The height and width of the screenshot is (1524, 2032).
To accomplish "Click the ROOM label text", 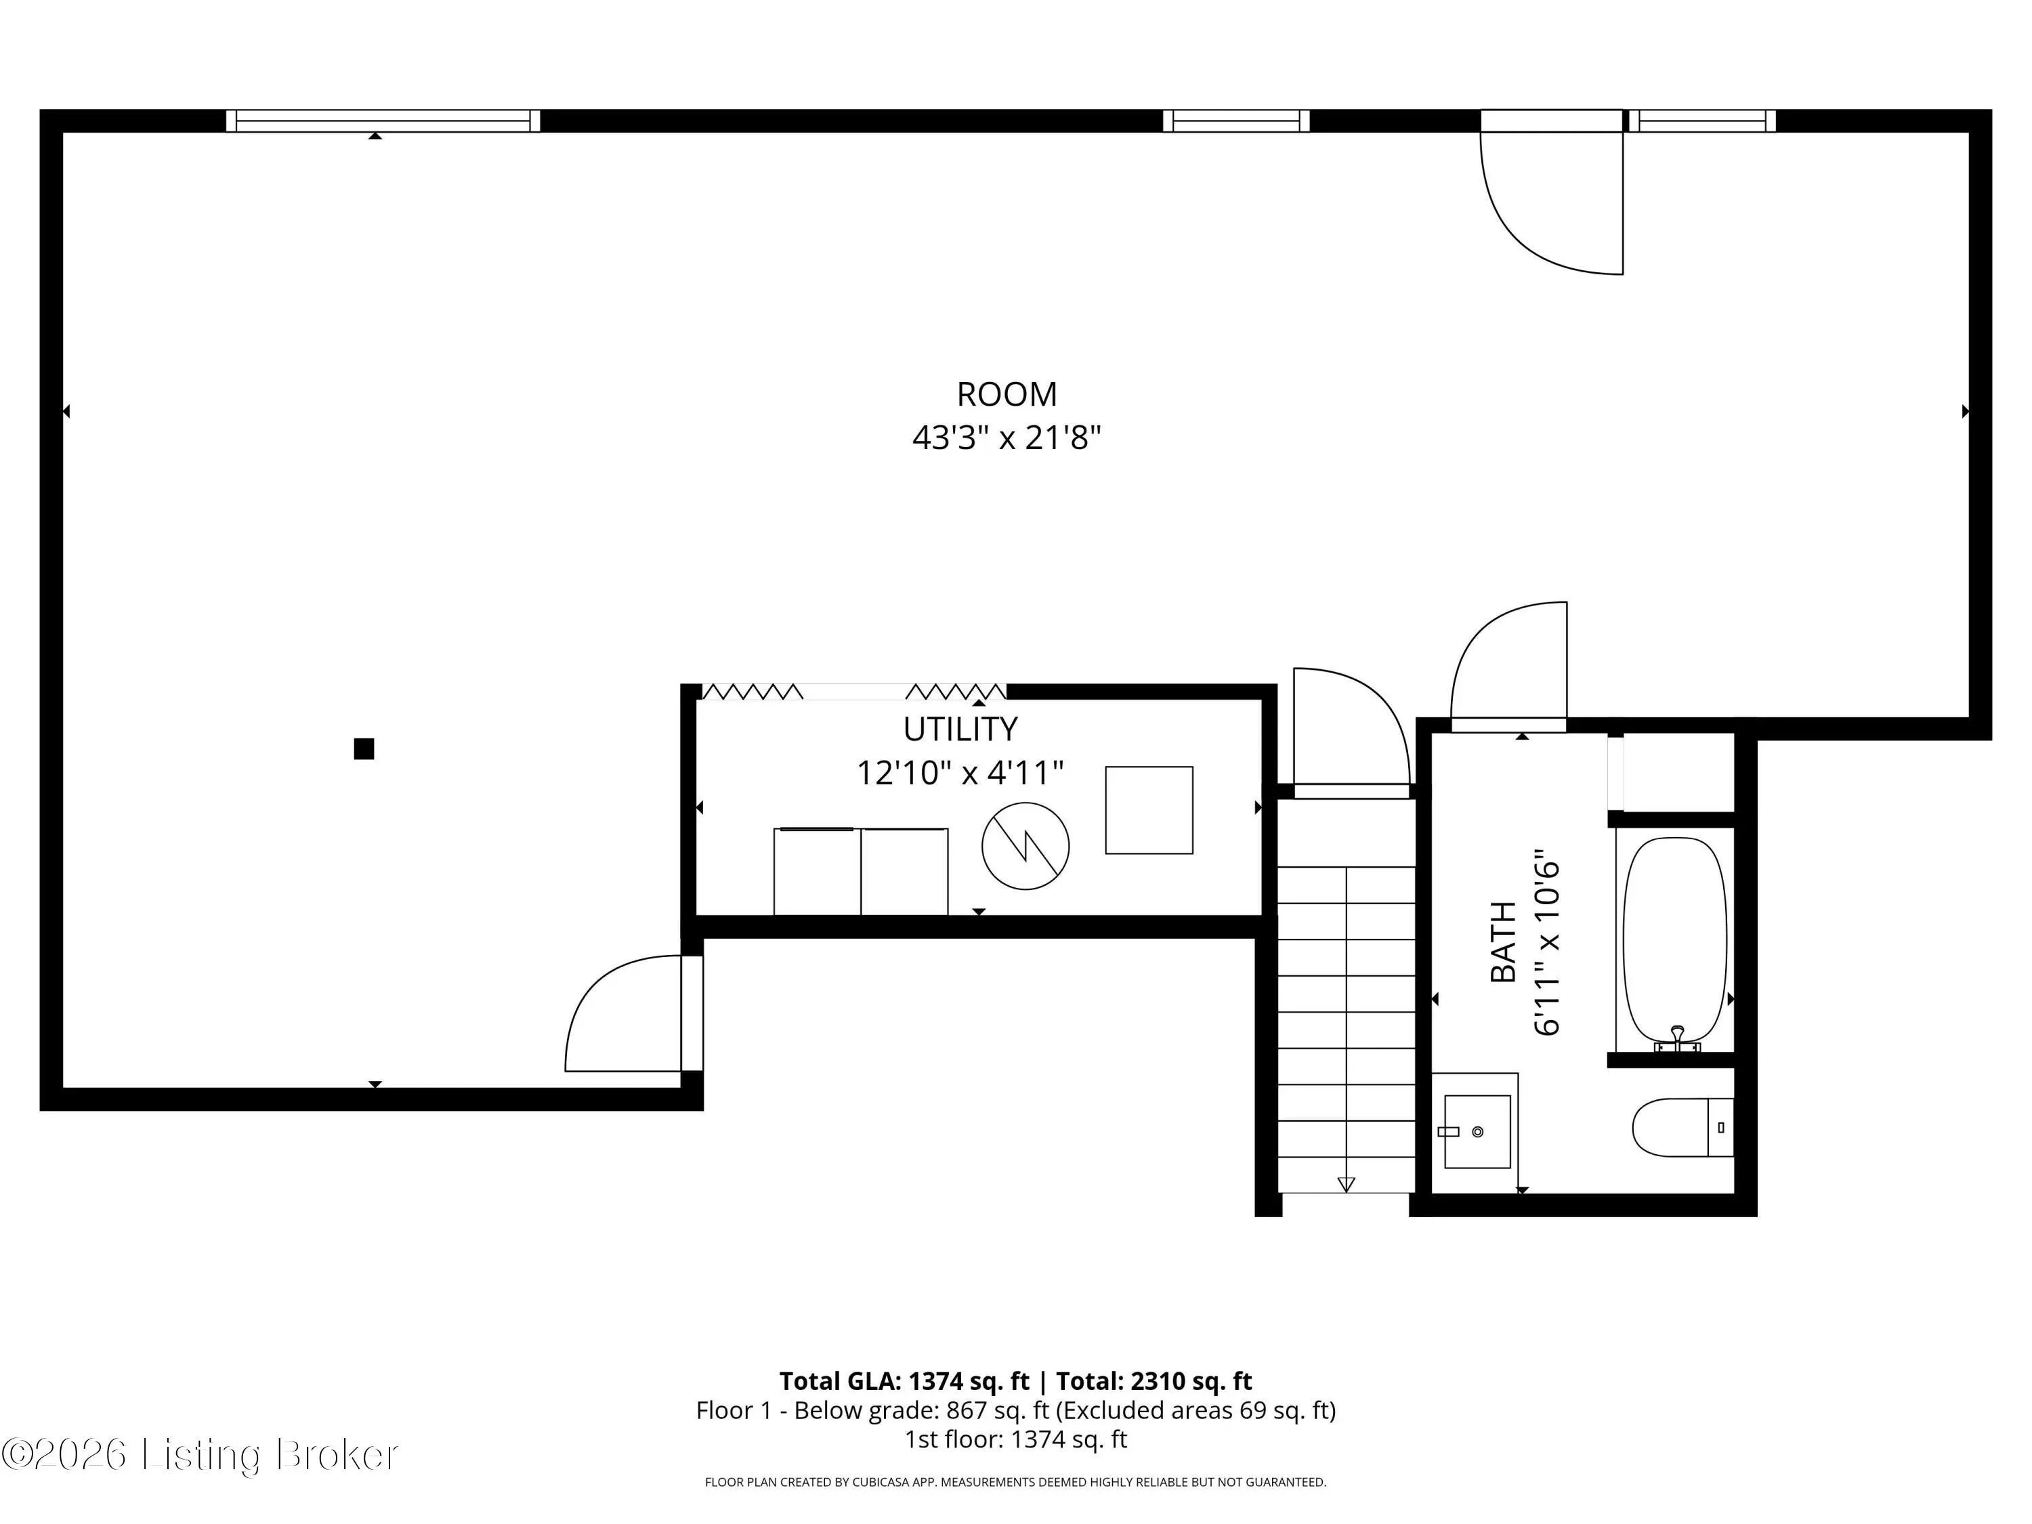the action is [x=1007, y=394].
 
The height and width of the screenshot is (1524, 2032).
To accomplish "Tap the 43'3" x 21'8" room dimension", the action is [x=1007, y=438].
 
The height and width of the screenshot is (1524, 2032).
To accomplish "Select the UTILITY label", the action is [x=960, y=729].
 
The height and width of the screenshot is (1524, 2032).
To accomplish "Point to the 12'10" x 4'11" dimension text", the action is [x=960, y=773].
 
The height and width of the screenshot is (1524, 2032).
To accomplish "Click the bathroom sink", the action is [x=1477, y=1131].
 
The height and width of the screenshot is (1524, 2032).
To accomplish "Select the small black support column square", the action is [x=364, y=748].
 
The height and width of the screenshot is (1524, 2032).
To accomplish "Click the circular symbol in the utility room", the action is [x=1025, y=845].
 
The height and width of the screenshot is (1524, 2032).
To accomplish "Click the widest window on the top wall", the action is [x=383, y=121].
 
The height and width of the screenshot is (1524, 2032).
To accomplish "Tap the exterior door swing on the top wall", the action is [x=1552, y=202].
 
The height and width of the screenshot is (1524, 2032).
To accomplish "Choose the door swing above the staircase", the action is [x=1351, y=727].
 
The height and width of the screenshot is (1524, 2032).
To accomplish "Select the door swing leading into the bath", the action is [x=1508, y=660].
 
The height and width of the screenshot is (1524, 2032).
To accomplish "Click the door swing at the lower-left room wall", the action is [x=624, y=1013].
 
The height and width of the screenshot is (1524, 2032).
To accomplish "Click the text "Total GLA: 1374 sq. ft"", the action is [x=905, y=1380].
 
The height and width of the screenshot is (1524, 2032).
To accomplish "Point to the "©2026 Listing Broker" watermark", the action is [x=200, y=1454].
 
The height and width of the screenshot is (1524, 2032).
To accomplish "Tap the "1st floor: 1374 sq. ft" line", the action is [x=1016, y=1439].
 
